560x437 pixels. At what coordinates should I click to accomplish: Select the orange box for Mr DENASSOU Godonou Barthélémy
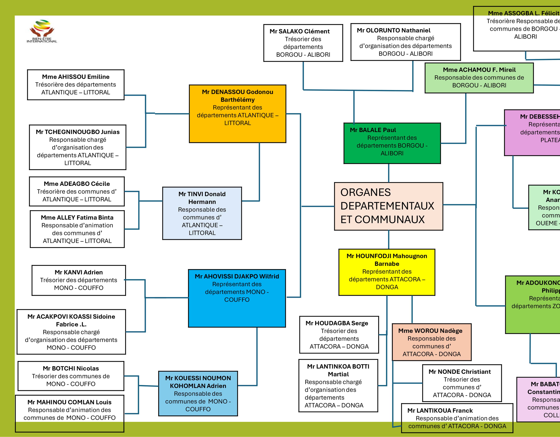pos(237,114)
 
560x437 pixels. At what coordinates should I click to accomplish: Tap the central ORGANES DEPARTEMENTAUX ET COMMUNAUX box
pos(389,206)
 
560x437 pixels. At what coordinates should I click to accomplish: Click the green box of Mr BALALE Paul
pos(392,143)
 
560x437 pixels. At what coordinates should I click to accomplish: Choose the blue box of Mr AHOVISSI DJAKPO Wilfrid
pos(237,298)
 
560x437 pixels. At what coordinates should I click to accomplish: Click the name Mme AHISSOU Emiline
pos(76,77)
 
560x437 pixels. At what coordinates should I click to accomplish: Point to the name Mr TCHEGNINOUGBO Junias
pos(78,132)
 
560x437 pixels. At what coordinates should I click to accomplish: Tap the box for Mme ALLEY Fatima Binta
pos(77,229)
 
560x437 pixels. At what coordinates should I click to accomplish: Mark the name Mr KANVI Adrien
pos(79,272)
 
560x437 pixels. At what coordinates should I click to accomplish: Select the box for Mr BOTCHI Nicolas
pos(71,376)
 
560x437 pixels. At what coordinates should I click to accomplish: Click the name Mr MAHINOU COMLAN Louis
pos(69,402)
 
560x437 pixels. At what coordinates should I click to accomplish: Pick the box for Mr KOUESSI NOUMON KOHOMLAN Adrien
pos(198,393)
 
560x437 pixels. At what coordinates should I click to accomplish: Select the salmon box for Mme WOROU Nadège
pos(432,342)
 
